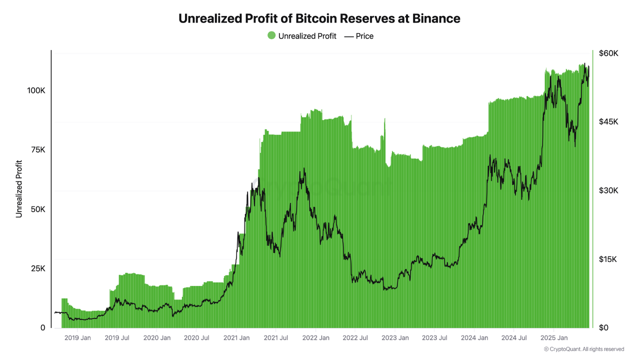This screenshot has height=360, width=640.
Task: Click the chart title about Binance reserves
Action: click(x=319, y=18)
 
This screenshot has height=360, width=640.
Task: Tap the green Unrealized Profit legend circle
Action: click(x=271, y=35)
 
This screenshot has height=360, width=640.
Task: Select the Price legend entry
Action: click(x=359, y=36)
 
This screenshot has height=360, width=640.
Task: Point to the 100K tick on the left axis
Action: click(x=36, y=90)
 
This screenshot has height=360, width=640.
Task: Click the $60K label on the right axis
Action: click(x=608, y=53)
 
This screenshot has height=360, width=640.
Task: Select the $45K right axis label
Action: click(x=608, y=122)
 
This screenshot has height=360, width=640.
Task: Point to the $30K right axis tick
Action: click(x=608, y=190)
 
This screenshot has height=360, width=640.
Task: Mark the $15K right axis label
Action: click(x=608, y=259)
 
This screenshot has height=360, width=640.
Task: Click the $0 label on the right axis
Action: click(x=604, y=328)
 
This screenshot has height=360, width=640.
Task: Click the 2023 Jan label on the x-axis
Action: click(x=394, y=338)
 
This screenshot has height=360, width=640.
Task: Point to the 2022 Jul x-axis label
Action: click(x=354, y=338)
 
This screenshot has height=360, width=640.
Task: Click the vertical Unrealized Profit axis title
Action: click(x=19, y=188)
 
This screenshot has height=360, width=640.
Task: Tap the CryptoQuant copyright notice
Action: click(x=584, y=349)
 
